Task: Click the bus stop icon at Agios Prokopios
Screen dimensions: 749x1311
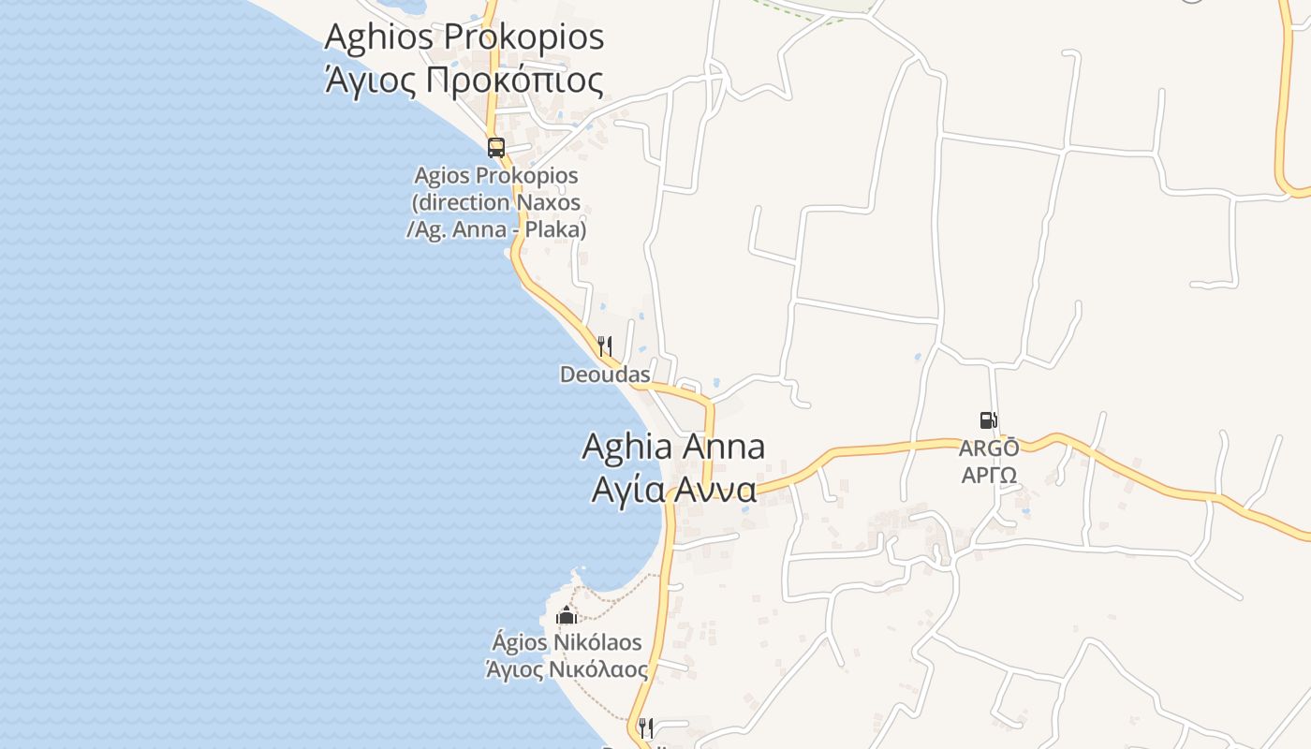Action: tap(495, 148)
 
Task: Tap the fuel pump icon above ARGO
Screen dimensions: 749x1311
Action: tap(988, 420)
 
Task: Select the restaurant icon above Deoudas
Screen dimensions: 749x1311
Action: tap(605, 347)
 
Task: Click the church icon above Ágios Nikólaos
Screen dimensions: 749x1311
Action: tap(566, 616)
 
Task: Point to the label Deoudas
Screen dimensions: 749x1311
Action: tap(605, 374)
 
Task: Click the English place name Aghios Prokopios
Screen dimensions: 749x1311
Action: tap(464, 37)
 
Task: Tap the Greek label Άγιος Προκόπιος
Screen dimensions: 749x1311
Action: tap(464, 81)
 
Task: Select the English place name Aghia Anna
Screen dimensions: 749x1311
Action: tap(673, 447)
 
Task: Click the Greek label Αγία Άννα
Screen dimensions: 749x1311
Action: tap(673, 489)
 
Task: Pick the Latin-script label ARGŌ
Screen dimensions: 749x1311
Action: tap(989, 448)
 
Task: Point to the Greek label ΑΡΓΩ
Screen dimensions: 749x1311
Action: tap(989, 475)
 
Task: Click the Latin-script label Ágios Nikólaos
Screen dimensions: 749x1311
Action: tap(567, 642)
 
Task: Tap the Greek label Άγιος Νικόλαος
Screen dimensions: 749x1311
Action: tap(567, 669)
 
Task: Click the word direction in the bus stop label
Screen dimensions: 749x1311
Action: tap(462, 202)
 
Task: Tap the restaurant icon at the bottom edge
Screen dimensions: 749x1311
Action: tap(645, 727)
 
